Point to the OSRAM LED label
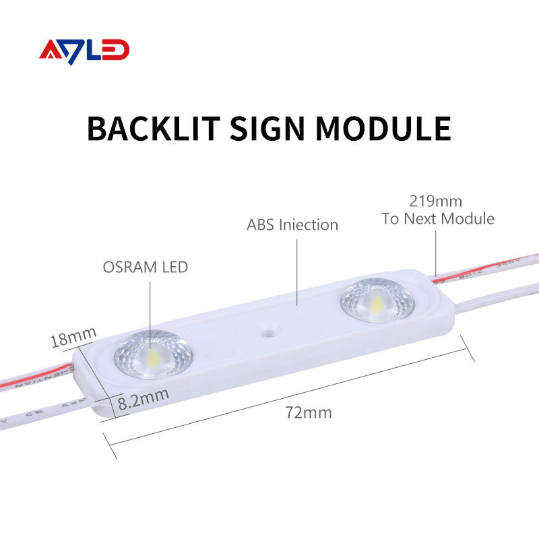click(145, 267)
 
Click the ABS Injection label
click(292, 224)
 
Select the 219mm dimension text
click(436, 201)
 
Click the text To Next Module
click(437, 218)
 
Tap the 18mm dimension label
click(74, 336)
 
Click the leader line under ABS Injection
click(297, 269)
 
